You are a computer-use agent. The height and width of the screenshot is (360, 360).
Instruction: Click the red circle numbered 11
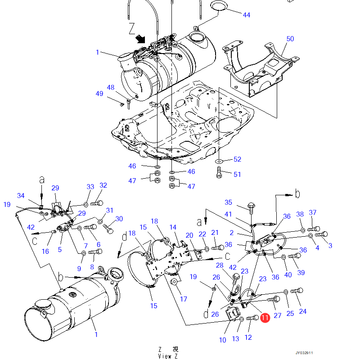coord(265,318)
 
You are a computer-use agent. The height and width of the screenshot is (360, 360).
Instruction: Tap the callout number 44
coord(246,15)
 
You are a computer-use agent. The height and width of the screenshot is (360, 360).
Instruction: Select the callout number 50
coord(290,39)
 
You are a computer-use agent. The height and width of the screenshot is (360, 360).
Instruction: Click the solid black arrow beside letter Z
coord(140,39)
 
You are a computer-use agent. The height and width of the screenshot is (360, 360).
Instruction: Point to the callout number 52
coord(238,159)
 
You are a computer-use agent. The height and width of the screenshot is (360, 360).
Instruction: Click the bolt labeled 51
coord(219,172)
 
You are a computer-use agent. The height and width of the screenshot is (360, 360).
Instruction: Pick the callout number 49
coord(99,94)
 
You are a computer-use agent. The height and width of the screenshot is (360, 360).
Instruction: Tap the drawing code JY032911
coord(304,353)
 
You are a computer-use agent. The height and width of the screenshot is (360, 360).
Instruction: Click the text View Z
coord(168,356)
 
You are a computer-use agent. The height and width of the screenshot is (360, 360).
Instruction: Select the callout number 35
coord(228,202)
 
